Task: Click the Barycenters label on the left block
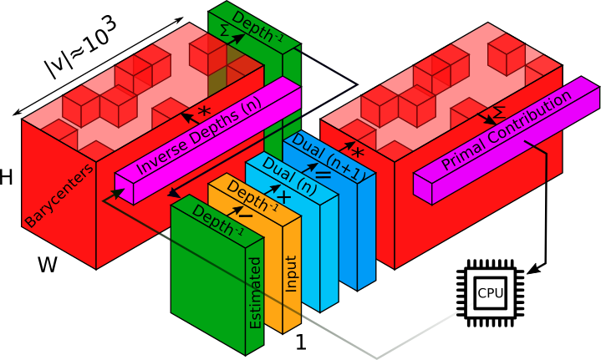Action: click(59, 195)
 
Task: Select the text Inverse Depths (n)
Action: click(198, 138)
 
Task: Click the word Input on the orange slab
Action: click(291, 273)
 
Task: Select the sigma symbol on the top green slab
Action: click(225, 29)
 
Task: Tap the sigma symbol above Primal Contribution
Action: click(498, 110)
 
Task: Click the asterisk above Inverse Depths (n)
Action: click(203, 111)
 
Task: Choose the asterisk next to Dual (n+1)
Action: click(358, 154)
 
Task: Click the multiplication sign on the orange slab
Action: click(283, 197)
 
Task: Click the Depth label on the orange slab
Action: click(248, 197)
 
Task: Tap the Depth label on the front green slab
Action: click(216, 218)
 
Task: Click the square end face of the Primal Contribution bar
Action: click(423, 190)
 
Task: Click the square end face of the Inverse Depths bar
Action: click(125, 190)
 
